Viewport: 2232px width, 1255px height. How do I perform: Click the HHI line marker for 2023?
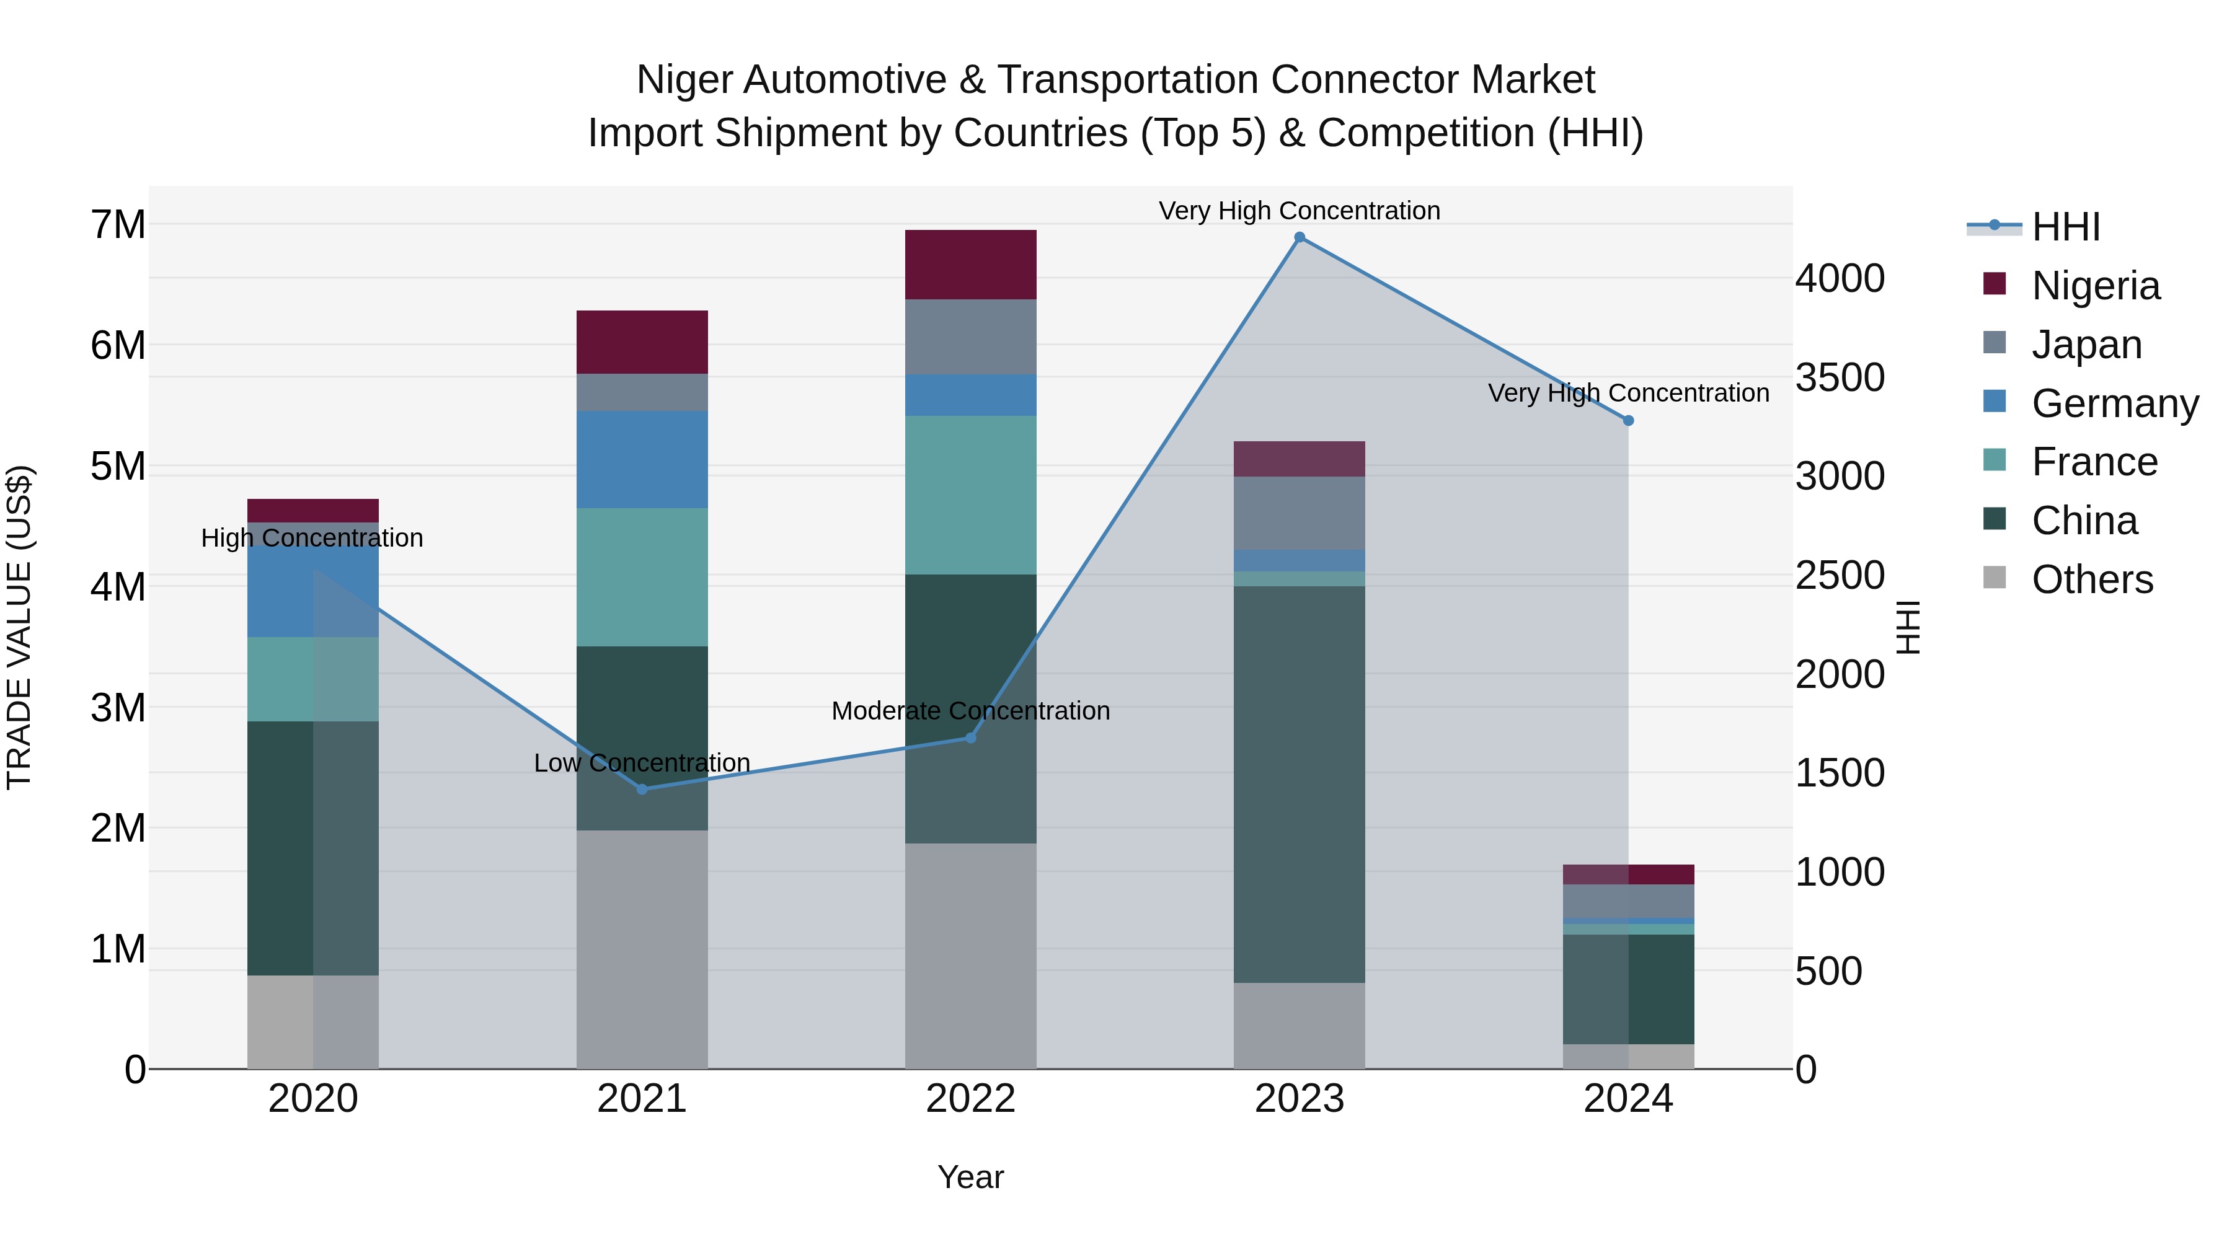(x=1299, y=237)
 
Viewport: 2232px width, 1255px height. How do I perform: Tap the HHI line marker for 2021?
(x=642, y=789)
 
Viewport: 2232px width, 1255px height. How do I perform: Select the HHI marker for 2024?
(x=1628, y=421)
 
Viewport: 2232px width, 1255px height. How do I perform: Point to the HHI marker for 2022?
(x=970, y=738)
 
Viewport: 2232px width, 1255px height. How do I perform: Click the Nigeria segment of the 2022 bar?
(x=970, y=264)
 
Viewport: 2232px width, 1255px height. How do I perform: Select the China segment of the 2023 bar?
(x=1299, y=784)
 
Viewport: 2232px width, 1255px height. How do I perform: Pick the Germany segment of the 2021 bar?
(x=642, y=459)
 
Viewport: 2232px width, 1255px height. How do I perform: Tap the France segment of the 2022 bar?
(x=970, y=495)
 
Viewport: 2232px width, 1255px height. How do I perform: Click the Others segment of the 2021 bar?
(x=642, y=948)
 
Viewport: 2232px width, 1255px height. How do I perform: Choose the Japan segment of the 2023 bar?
(x=1299, y=513)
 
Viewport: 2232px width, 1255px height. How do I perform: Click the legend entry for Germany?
(x=2114, y=403)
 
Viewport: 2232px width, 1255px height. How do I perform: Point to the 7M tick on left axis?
(x=118, y=225)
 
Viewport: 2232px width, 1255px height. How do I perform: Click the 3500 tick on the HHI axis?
(x=1840, y=377)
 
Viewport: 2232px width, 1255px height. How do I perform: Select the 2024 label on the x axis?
(x=1628, y=1099)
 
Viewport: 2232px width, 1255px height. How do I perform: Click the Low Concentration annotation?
(x=642, y=763)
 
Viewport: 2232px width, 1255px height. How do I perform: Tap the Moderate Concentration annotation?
(x=970, y=711)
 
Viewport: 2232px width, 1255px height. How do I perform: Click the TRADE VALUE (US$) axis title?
(x=20, y=627)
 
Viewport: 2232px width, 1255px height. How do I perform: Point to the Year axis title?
(x=970, y=1177)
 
